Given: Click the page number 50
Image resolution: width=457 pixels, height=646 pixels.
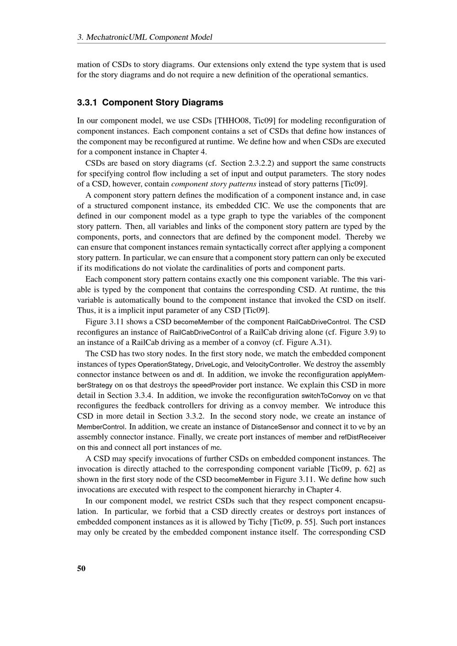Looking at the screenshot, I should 81,568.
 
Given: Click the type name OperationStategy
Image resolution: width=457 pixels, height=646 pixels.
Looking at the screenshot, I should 164,365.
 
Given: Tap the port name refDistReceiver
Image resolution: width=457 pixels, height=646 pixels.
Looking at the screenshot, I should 362,438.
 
